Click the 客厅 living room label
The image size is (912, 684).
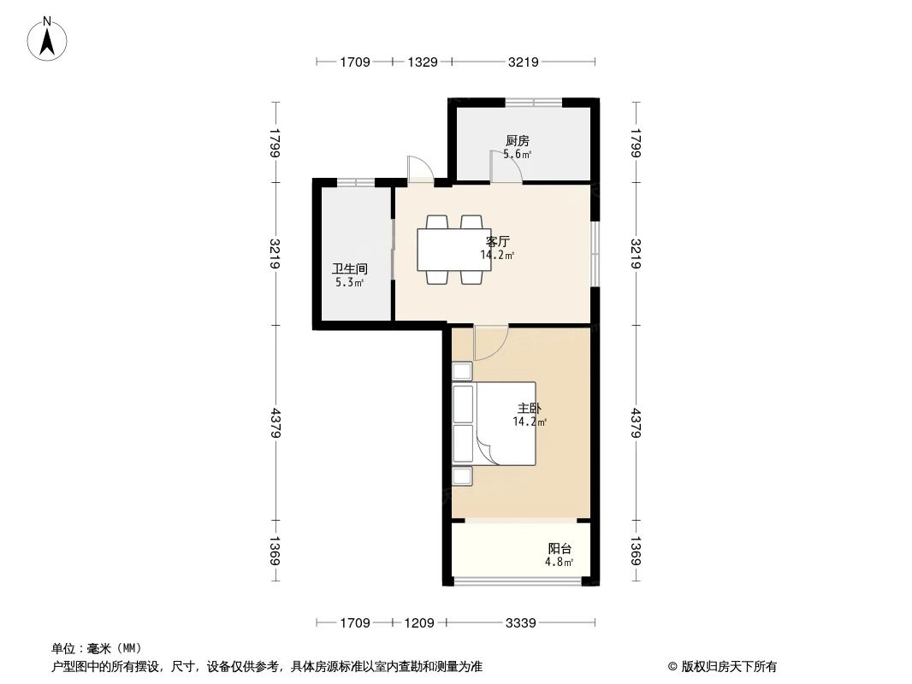[x=498, y=241]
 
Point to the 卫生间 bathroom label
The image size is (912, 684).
[x=350, y=268]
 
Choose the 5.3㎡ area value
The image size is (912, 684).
[x=350, y=282]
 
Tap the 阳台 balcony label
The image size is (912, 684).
[x=560, y=548]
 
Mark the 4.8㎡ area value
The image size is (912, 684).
[x=560, y=563]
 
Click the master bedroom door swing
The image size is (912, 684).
[x=490, y=342]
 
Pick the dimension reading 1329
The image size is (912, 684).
[x=423, y=62]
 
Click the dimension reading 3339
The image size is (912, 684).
[x=521, y=623]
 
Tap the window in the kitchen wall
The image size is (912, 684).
[x=533, y=103]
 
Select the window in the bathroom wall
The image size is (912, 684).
[x=355, y=182]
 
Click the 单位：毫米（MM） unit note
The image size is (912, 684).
[x=97, y=648]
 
